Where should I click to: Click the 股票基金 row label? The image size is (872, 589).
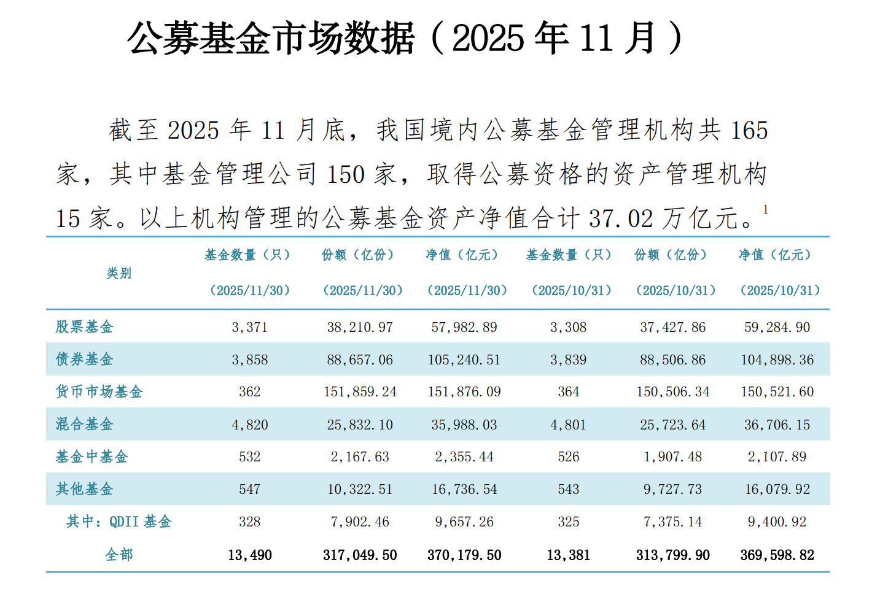tap(84, 327)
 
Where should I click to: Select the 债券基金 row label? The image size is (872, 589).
tap(84, 359)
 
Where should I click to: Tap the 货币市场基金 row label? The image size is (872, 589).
tap(99, 391)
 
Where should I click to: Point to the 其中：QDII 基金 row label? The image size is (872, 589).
tap(119, 522)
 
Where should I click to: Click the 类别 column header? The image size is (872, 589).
tap(119, 273)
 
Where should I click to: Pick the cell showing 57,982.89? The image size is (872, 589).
tap(464, 327)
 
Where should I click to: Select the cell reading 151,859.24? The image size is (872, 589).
tap(360, 392)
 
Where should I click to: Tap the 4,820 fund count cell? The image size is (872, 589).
tap(250, 425)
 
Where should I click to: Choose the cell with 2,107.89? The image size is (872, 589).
tap(777, 456)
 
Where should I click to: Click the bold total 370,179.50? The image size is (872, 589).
tap(464, 555)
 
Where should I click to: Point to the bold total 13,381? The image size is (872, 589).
tap(569, 555)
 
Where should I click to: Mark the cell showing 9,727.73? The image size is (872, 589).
tap(672, 489)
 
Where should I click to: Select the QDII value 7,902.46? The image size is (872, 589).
tap(360, 522)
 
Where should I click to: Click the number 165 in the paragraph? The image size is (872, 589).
tap(749, 130)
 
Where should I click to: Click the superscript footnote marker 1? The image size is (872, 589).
tap(765, 209)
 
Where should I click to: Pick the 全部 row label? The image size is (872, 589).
tap(119, 555)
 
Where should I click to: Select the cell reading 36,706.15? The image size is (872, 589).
tap(777, 425)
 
